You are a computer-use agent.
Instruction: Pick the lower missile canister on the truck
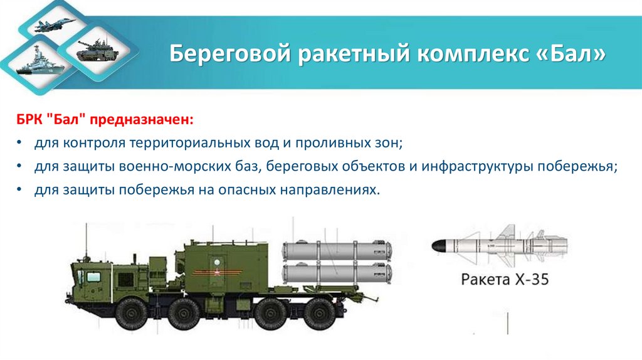(337, 274)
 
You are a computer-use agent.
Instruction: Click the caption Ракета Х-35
(505, 280)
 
